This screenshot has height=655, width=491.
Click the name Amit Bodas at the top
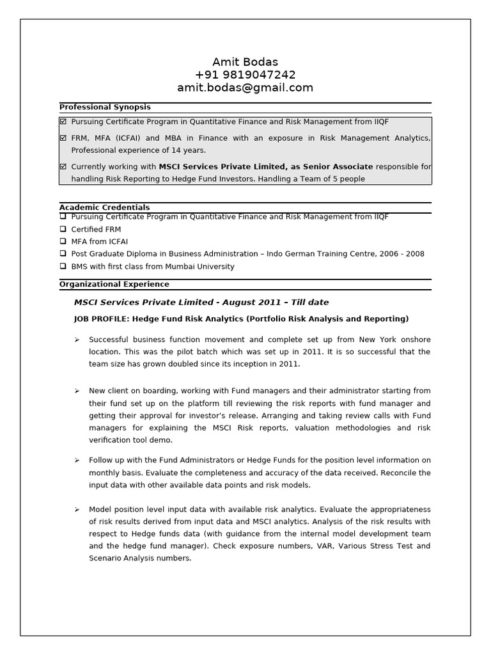245,62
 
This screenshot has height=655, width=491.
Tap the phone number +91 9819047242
245,75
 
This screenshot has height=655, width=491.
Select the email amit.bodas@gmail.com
245,88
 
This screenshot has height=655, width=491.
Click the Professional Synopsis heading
105,107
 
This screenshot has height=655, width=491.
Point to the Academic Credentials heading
105,207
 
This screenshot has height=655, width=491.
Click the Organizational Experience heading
114,284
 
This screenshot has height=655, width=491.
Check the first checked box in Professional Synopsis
63,122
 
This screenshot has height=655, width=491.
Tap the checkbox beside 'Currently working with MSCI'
63,167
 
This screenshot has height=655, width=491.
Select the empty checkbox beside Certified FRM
63,230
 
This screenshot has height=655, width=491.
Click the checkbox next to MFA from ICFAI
63,242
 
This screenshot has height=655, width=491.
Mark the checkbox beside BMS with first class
63,267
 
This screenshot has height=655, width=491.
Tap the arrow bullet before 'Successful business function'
77,340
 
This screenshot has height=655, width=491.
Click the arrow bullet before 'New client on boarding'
77,391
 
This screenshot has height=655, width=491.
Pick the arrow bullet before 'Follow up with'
77,460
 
